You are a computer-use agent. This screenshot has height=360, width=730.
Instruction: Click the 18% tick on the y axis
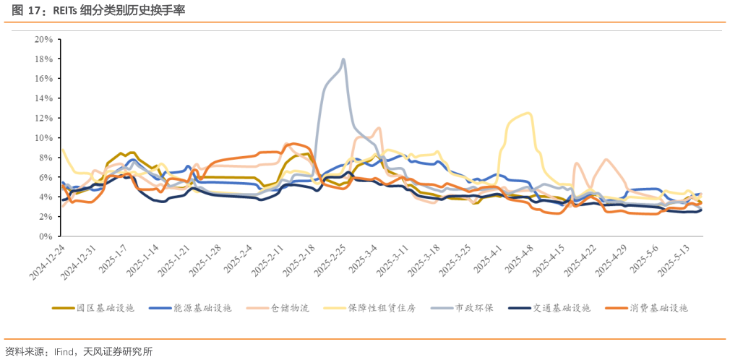pyautogui.click(x=43, y=59)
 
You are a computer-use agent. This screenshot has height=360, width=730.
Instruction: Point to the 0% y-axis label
pyautogui.click(x=46, y=236)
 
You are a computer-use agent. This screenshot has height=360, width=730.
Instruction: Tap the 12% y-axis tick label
pyautogui.click(x=43, y=118)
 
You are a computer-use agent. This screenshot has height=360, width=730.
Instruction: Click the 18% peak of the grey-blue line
pyautogui.click(x=343, y=60)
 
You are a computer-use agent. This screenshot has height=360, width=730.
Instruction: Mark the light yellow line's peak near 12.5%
pyautogui.click(x=528, y=113)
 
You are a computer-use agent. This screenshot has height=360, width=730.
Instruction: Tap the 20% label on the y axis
pyautogui.click(x=43, y=39)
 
